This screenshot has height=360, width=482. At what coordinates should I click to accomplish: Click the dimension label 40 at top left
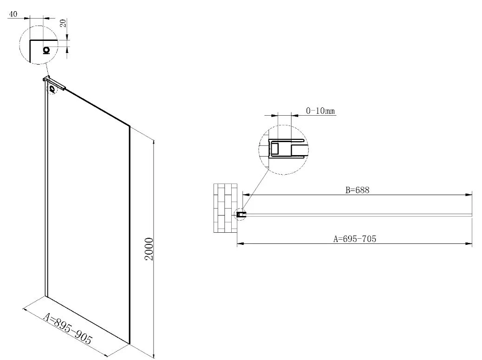tap(13, 14)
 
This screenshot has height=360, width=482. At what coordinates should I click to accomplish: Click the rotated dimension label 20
tap(63, 23)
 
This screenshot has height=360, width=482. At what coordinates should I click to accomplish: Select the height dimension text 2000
tap(149, 249)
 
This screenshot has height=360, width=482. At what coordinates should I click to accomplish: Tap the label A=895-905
tap(68, 328)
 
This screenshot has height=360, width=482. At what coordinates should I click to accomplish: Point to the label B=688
tap(357, 190)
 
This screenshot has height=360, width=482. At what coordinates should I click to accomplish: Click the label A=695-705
tap(355, 239)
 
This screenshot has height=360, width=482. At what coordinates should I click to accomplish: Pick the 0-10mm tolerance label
tap(320, 111)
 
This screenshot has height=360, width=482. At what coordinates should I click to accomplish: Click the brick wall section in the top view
tap(225, 208)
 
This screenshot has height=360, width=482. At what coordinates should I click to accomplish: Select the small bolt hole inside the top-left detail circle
tap(46, 50)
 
